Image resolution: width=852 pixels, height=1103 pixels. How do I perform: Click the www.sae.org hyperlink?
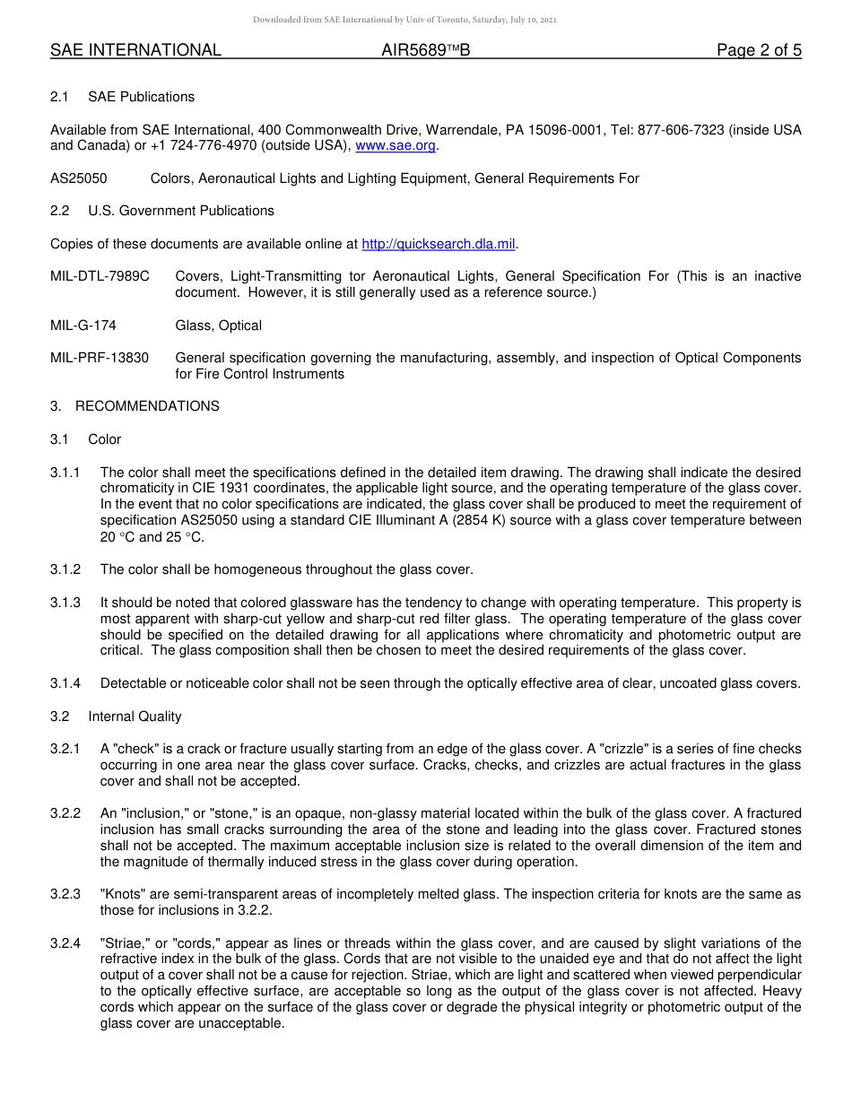pos(396,145)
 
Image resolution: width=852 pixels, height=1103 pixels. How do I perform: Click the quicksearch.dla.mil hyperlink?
pos(439,244)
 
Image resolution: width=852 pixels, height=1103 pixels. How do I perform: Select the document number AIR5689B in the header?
pos(425,51)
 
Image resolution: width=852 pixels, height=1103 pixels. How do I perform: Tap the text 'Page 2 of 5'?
pos(759,51)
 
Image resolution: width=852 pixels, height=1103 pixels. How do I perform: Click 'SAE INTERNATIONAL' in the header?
pos(135,51)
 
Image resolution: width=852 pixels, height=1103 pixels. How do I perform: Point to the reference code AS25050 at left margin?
pos(79,178)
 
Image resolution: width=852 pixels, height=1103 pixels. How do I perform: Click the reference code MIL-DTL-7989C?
pos(100,276)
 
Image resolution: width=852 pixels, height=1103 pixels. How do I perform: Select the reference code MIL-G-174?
pos(83,326)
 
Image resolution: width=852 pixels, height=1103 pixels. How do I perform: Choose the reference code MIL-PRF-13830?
pos(100,358)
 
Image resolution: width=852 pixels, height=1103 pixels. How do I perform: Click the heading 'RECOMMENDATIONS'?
pos(147,406)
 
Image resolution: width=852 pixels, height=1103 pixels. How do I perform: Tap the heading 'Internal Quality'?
pos(135,717)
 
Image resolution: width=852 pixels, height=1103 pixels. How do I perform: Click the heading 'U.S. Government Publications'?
pos(181,211)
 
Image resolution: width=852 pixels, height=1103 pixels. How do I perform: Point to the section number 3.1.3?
pos(65,603)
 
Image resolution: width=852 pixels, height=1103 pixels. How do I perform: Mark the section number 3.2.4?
pos(65,942)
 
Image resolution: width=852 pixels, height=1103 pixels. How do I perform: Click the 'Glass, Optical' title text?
pos(219,326)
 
